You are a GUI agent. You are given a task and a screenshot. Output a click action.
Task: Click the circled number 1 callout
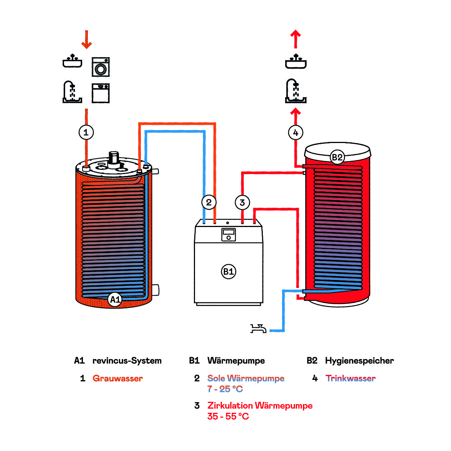coord(86,132)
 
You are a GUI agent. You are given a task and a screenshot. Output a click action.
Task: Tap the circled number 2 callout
coord(209,202)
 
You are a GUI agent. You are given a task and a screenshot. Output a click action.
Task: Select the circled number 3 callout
coord(242,202)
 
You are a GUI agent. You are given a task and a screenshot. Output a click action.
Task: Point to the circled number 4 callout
coord(296,133)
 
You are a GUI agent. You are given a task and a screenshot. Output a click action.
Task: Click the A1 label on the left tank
coord(115,299)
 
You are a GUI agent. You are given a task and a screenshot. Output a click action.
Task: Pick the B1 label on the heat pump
coord(228,271)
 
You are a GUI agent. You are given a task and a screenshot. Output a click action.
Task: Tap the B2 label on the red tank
coord(337,157)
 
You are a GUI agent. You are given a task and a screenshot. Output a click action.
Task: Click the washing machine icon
coord(101,67)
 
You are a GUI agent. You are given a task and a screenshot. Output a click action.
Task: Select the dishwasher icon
coord(101,93)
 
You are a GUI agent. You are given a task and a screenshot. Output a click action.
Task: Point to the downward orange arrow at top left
coord(87,40)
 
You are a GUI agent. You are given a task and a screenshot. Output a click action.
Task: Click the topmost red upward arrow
coord(296,39)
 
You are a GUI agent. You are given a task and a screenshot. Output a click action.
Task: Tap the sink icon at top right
coord(296,62)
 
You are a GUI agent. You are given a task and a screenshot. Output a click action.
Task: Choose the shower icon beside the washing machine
coord(72,92)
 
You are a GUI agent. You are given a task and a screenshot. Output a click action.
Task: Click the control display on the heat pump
coord(228,235)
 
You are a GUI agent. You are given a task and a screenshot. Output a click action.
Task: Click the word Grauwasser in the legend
coord(118,378)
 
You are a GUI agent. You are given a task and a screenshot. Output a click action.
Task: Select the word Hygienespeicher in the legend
coord(359,361)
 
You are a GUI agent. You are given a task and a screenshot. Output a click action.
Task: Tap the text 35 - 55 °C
coord(228,416)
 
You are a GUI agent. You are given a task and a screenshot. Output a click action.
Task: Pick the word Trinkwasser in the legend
coord(351,378)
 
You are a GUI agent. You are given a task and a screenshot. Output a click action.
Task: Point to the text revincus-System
coord(127,361)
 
